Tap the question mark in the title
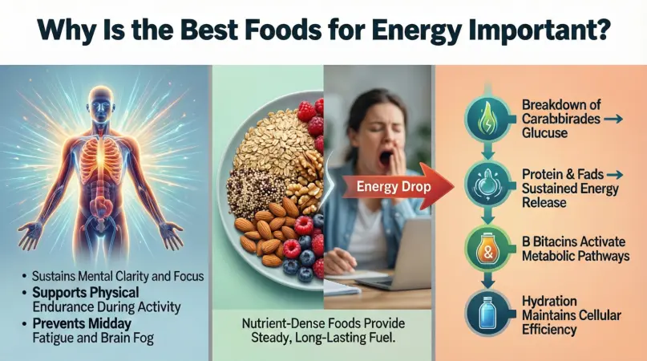(x=601, y=29)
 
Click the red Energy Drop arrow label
(x=395, y=187)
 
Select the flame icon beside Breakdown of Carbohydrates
(x=488, y=120)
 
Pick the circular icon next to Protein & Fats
(x=488, y=184)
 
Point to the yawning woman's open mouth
(x=386, y=159)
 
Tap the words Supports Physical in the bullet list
(x=86, y=293)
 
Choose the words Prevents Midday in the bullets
(x=82, y=323)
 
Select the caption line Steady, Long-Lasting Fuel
(x=323, y=338)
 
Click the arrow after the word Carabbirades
(x=613, y=120)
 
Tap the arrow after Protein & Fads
(x=614, y=175)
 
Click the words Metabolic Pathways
(x=576, y=256)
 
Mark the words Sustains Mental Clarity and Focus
(x=118, y=276)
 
